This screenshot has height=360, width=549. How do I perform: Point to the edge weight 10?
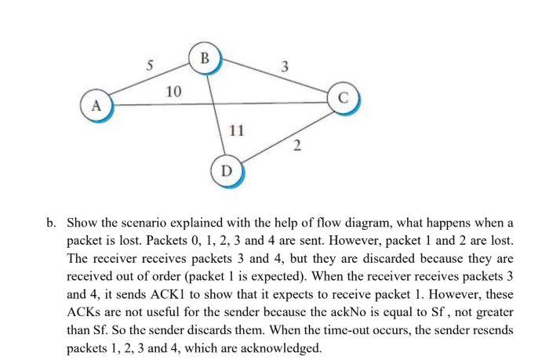click(174, 93)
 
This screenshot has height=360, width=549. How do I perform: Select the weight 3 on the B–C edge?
click(285, 65)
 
